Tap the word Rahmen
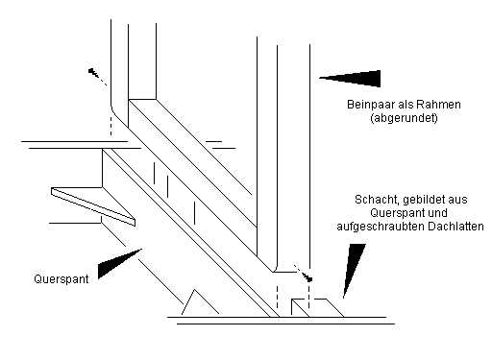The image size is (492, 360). point(443,105)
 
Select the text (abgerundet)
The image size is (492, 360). point(404,118)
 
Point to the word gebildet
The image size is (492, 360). point(422,200)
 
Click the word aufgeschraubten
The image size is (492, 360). point(381,227)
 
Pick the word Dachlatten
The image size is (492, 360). point(455,227)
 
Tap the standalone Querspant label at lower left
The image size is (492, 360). point(61,279)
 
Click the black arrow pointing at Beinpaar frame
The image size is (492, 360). point(350,79)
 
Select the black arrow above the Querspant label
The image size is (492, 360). point(119,263)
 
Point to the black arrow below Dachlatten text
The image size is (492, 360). point(354,271)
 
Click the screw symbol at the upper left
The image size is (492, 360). point(97,76)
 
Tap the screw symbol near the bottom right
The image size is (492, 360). point(303,274)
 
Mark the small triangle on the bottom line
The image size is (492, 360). point(200,301)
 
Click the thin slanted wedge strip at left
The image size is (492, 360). point(93,206)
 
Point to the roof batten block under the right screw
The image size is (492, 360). point(317,308)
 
